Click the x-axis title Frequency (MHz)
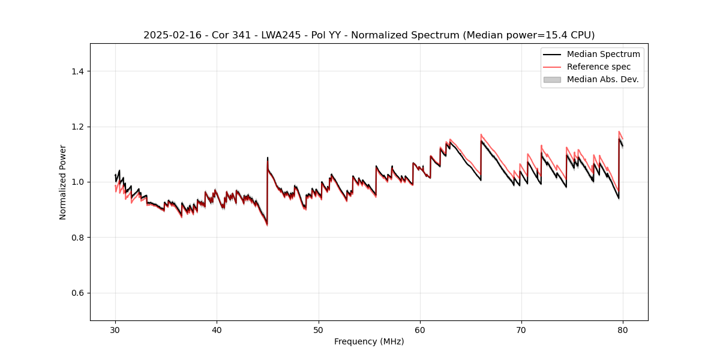[369, 341]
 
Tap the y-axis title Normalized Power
[63, 182]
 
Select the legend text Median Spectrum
[603, 54]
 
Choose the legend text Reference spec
[599, 67]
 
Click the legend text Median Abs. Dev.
[603, 79]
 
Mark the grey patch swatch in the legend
[552, 79]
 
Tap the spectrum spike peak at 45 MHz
[268, 158]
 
